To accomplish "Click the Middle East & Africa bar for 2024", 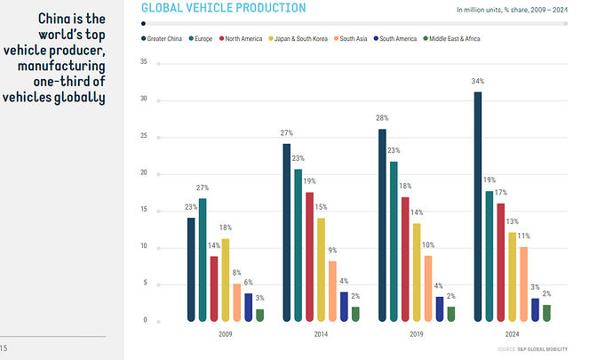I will [546, 312].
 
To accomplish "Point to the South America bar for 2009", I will [248, 307].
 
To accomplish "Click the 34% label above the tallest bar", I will [478, 82].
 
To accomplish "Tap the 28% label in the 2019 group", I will [382, 118].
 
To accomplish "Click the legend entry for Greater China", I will [164, 39].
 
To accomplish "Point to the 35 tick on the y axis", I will [143, 63].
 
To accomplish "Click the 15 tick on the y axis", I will [143, 210].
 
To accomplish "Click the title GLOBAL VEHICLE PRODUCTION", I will [223, 8].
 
